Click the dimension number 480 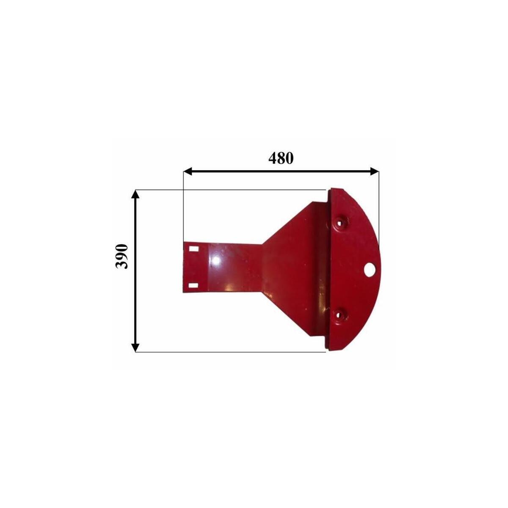pyautogui.click(x=281, y=158)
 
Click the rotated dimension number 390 pyautogui.click(x=122, y=256)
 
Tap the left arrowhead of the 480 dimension pyautogui.click(x=188, y=171)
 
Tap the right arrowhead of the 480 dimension pyautogui.click(x=375, y=171)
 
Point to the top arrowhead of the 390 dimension pyautogui.click(x=135, y=195)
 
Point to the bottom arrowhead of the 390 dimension pyautogui.click(x=135, y=347)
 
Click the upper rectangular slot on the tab pyautogui.click(x=194, y=248)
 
